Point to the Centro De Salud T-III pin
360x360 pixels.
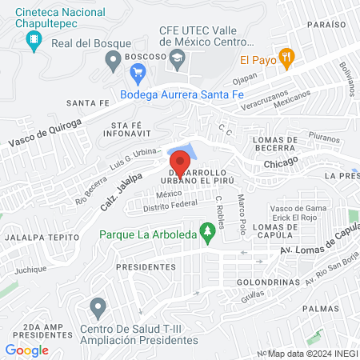click(98, 306)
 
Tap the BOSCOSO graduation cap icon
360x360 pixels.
click(178, 58)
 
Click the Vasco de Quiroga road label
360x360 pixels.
click(45, 132)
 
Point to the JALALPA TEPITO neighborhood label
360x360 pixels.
click(36, 237)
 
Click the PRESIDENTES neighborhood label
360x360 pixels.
click(145, 266)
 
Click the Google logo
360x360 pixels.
click(26, 350)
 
